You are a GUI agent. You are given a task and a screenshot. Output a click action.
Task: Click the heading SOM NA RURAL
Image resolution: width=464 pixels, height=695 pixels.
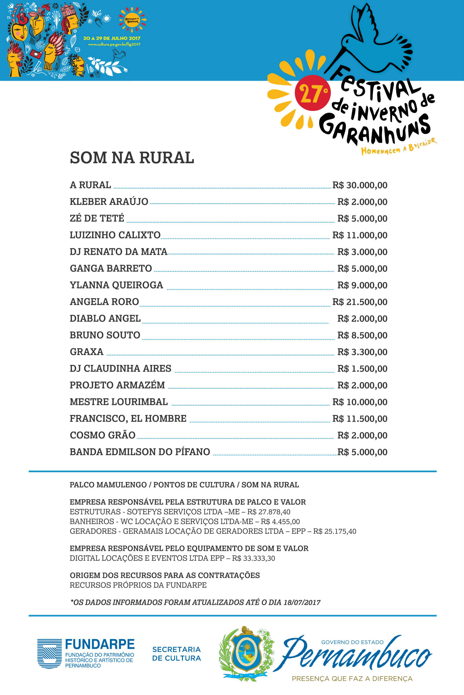(132, 158)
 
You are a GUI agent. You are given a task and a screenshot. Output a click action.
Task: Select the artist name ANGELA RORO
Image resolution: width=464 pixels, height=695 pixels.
(104, 302)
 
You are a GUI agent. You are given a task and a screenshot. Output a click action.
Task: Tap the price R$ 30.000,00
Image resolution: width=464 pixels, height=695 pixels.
(360, 185)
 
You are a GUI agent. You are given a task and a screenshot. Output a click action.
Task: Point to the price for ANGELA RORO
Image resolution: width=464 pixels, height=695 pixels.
(360, 302)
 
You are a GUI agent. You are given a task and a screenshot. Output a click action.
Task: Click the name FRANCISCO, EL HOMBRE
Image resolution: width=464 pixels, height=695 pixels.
(128, 418)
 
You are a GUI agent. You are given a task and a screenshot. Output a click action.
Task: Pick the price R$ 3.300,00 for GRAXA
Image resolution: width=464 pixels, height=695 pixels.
(362, 352)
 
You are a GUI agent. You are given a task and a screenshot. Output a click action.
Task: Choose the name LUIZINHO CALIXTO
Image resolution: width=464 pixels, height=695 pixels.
(115, 235)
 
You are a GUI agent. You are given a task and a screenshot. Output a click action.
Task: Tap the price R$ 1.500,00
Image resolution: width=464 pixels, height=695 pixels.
(362, 369)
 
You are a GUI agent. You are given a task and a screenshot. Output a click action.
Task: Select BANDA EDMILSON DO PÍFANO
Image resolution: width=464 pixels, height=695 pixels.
(140, 452)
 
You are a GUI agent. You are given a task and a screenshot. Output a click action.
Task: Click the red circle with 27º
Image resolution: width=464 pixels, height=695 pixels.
(312, 93)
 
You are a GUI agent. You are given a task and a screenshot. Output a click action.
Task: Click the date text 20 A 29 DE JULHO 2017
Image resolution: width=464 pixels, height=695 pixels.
(112, 38)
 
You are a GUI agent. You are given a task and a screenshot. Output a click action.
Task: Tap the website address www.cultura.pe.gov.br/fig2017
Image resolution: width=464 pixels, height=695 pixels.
(114, 44)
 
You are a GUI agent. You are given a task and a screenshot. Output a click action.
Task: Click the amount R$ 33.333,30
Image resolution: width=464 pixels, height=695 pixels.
(254, 558)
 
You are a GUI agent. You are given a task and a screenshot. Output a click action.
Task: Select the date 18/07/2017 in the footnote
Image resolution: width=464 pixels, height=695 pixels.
(302, 603)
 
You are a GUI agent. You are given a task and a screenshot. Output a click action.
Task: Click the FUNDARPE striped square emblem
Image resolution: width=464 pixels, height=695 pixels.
(49, 654)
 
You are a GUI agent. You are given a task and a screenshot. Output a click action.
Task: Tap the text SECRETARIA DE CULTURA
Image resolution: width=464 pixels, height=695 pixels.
(176, 654)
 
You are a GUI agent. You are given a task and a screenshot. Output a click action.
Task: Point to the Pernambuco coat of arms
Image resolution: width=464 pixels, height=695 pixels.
(246, 653)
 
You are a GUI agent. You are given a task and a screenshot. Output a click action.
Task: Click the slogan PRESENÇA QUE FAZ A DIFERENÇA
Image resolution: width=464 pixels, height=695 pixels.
(352, 679)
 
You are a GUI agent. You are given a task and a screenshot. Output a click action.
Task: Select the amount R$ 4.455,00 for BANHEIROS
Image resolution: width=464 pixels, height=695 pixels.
(280, 522)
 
